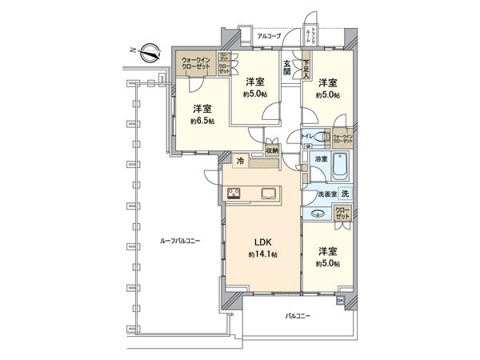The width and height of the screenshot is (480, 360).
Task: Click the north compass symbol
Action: click(x=146, y=54)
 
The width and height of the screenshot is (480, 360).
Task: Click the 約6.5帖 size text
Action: click(x=202, y=121)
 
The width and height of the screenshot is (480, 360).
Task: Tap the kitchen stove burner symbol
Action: click(x=235, y=192)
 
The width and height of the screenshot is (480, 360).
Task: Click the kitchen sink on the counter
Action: click(x=268, y=192)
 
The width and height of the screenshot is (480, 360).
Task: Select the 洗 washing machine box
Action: click(x=345, y=194)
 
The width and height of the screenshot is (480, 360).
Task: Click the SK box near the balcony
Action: click(x=341, y=300)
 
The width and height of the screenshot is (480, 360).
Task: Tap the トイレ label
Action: click(x=308, y=138)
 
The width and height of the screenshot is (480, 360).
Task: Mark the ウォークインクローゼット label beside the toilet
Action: click(x=342, y=139)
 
